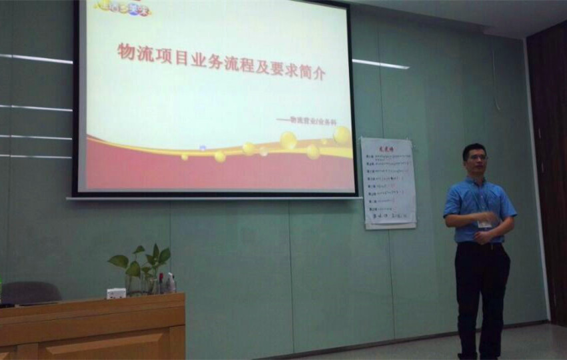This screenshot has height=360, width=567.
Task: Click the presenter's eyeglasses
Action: pos(477,158)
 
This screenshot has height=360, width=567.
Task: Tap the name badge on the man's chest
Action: pos(485,223)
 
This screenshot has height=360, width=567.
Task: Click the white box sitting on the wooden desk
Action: pos(116,293)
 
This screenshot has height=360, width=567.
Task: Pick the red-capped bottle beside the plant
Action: pos(160,283)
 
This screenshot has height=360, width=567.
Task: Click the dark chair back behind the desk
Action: pos(30,291)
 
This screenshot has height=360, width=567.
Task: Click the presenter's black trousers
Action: pos(482,293)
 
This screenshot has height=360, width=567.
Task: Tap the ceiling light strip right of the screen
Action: pos(380,64)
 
